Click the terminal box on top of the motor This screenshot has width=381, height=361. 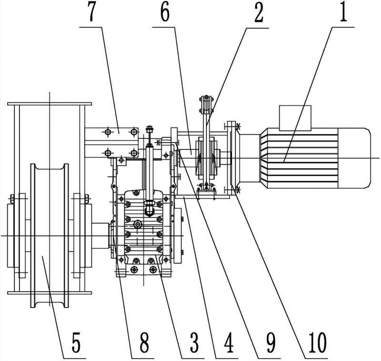point(295,117)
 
